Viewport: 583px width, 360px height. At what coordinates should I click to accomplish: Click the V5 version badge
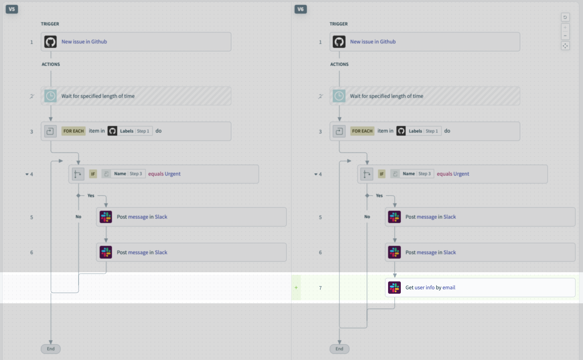point(12,9)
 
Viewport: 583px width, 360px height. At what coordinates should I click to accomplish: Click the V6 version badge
point(301,9)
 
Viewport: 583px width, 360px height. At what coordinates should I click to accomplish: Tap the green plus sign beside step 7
point(296,288)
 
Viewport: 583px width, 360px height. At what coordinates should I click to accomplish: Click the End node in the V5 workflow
point(50,349)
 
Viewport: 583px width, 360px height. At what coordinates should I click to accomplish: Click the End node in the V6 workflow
point(339,349)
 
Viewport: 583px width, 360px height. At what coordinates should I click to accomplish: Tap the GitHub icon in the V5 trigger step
point(50,42)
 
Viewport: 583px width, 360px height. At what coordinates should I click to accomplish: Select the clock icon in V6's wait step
point(339,96)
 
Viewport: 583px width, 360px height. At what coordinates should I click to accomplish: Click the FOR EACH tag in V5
point(73,131)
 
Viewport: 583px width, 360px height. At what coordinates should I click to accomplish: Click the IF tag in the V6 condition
point(381,174)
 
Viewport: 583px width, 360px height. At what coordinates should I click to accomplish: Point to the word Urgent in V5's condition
point(173,174)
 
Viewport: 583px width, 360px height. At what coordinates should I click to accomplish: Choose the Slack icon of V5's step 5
point(106,217)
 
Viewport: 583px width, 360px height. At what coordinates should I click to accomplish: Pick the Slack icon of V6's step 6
point(395,252)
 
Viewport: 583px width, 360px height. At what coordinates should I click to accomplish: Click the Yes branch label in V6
point(379,195)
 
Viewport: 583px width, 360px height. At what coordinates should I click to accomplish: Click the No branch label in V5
point(78,216)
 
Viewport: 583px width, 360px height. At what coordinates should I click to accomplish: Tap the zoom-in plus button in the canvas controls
point(565,27)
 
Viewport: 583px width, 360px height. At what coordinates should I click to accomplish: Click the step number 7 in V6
point(320,288)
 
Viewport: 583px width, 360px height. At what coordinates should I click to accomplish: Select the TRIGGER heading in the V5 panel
point(50,24)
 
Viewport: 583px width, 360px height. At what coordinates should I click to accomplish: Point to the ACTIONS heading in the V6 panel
point(339,64)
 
